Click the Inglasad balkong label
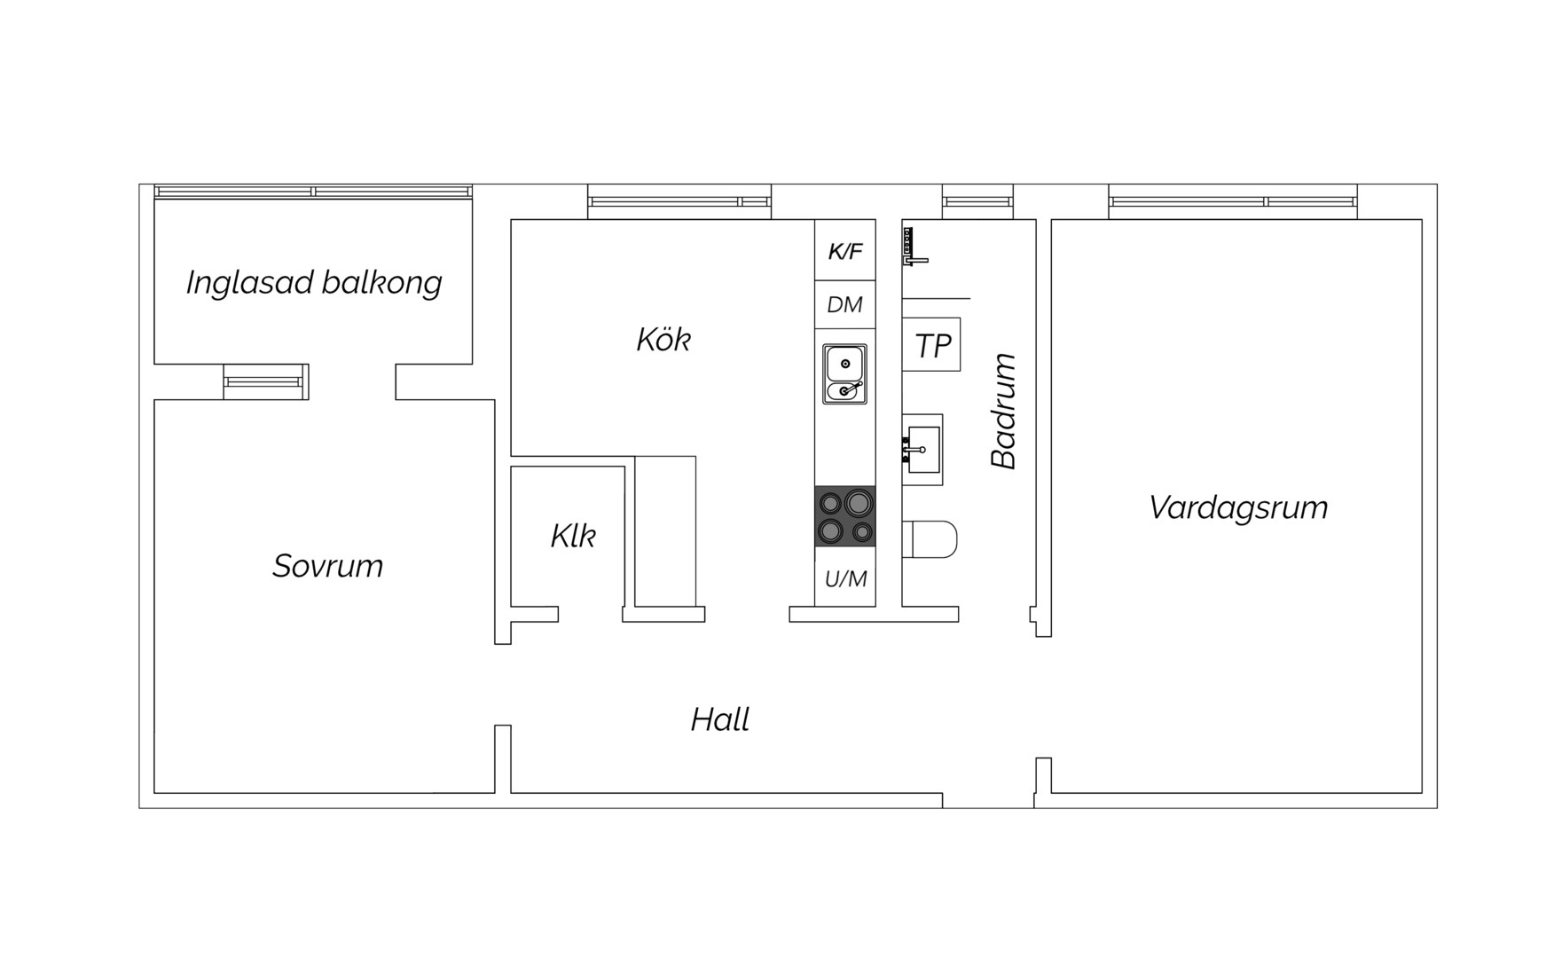tap(314, 283)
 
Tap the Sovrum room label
tap(328, 566)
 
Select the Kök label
tap(663, 339)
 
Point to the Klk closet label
tap(573, 536)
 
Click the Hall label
tap(720, 719)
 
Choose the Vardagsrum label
tap(1238, 508)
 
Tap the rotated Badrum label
tap(1003, 411)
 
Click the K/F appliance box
tap(845, 251)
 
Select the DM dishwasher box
tap(845, 305)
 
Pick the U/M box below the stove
tap(845, 577)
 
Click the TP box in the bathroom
tap(931, 345)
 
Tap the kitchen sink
tap(844, 374)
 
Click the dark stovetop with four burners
tap(845, 516)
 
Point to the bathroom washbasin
tap(922, 450)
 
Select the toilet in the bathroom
tap(930, 539)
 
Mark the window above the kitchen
tap(679, 202)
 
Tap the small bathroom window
tap(977, 202)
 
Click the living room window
tap(1233, 202)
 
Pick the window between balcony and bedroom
tap(266, 381)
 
